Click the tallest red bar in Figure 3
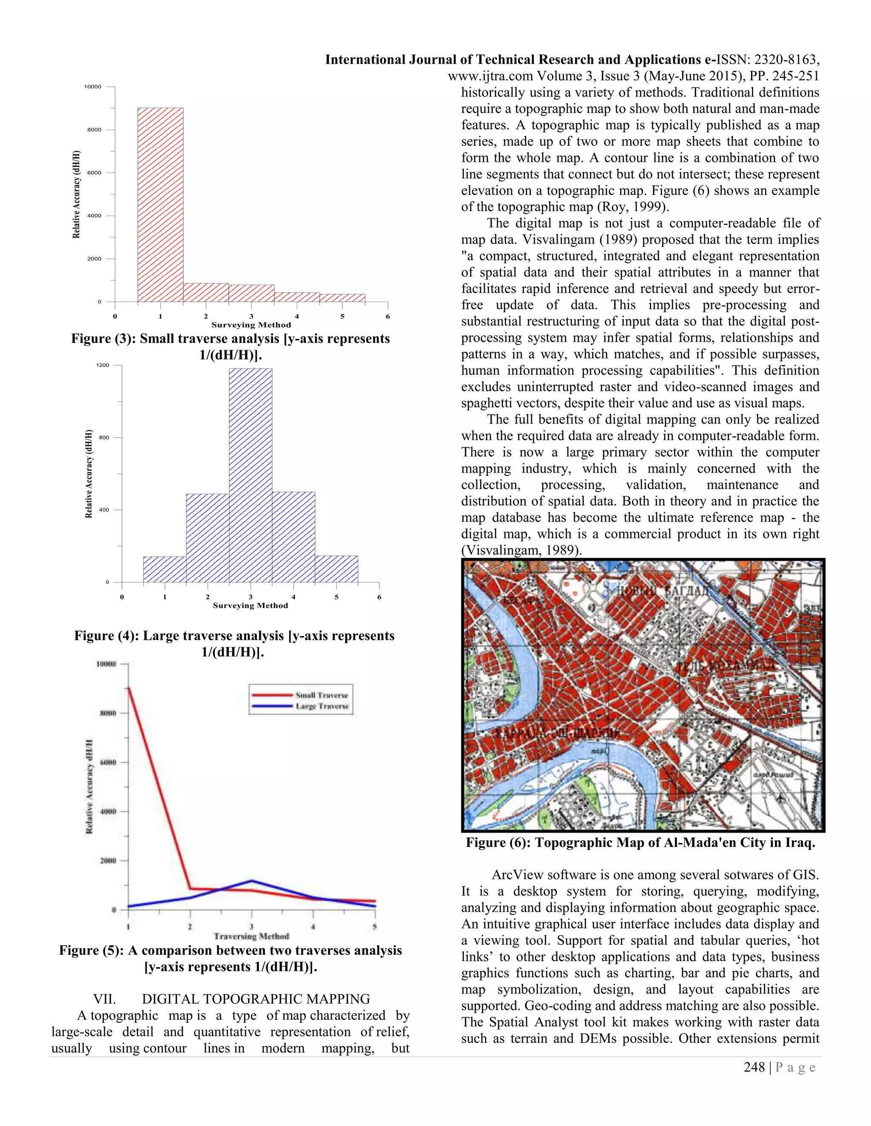160,205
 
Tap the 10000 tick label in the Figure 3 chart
93,87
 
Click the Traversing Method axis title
251,936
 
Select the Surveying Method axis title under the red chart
251,325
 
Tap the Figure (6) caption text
640,843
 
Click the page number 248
754,1067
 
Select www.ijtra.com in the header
490,76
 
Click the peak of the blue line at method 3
251,880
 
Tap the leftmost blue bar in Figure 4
164,569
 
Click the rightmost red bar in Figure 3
342,298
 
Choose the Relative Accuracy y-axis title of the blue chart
89,473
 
